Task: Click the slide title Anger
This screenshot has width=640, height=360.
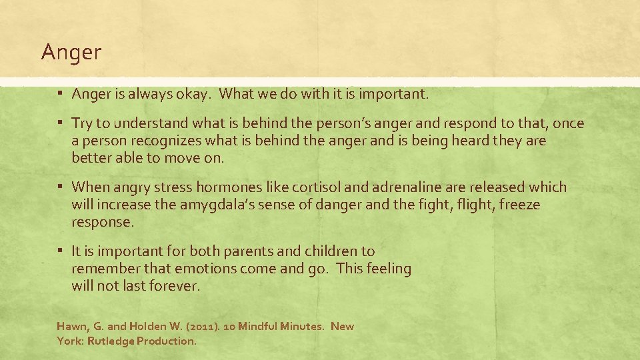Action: tap(71, 53)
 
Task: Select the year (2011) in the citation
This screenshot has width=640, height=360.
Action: tap(201, 327)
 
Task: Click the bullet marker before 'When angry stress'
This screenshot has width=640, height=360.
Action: tap(60, 187)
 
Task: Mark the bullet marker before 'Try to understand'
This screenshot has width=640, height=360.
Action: tap(60, 123)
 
